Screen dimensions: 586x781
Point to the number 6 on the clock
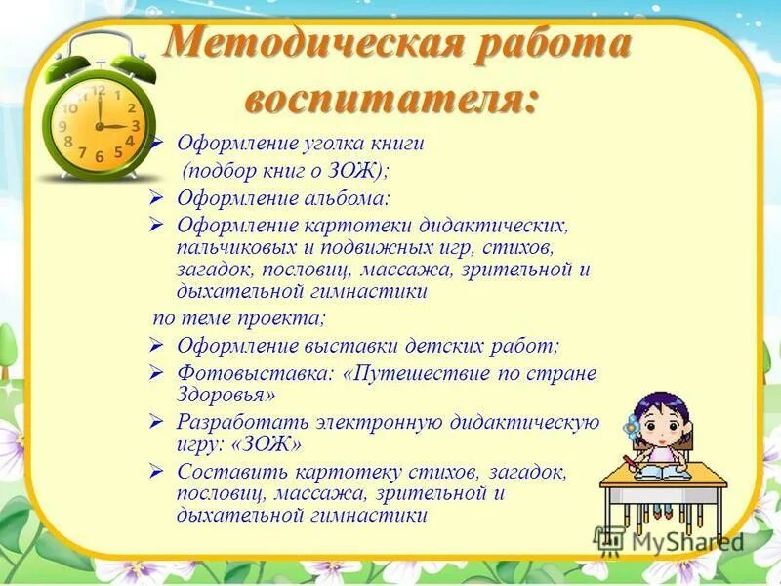[x=100, y=157]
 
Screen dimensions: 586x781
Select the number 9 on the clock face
[x=63, y=126]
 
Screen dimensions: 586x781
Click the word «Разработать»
[x=243, y=423]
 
